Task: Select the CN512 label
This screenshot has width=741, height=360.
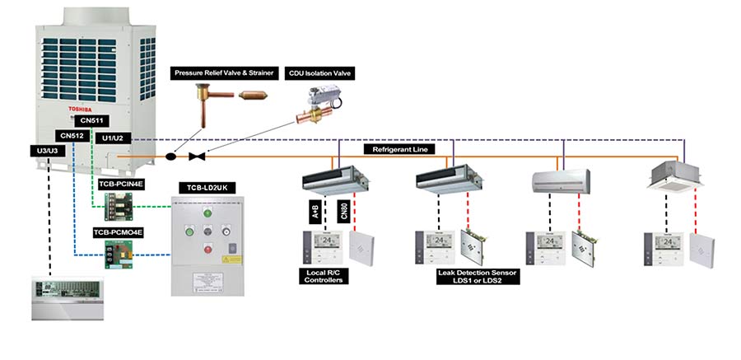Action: pos(72,136)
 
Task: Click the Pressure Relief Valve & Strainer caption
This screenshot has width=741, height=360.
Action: pos(223,73)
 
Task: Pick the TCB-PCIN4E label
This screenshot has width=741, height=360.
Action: pos(117,184)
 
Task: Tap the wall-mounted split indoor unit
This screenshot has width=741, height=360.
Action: pos(560,180)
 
